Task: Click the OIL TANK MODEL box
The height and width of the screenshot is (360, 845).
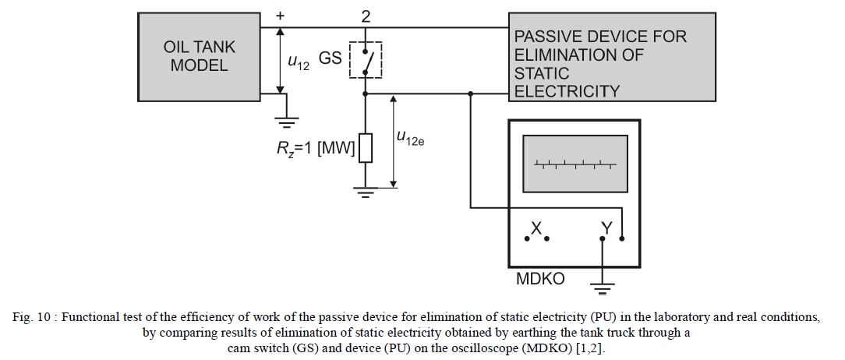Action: pyautogui.click(x=200, y=56)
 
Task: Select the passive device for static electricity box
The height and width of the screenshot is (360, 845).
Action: pyautogui.click(x=612, y=57)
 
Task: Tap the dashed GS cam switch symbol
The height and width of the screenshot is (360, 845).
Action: pyautogui.click(x=365, y=59)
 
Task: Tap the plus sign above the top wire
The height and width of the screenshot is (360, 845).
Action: pyautogui.click(x=281, y=15)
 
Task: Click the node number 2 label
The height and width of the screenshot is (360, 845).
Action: pyautogui.click(x=365, y=15)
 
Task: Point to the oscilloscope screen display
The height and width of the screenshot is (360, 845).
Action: pyautogui.click(x=575, y=164)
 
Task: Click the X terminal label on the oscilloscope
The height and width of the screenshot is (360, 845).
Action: pyautogui.click(x=536, y=228)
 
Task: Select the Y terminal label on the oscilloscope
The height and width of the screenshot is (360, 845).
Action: pyautogui.click(x=606, y=227)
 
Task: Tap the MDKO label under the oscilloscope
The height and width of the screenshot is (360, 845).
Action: pyautogui.click(x=540, y=278)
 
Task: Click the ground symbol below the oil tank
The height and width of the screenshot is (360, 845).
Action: pyautogui.click(x=288, y=121)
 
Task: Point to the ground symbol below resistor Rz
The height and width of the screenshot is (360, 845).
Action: pyautogui.click(x=365, y=191)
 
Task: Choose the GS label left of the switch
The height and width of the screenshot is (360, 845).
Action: pyautogui.click(x=330, y=57)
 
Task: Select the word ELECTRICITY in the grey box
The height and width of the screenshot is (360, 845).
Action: pyautogui.click(x=567, y=91)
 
